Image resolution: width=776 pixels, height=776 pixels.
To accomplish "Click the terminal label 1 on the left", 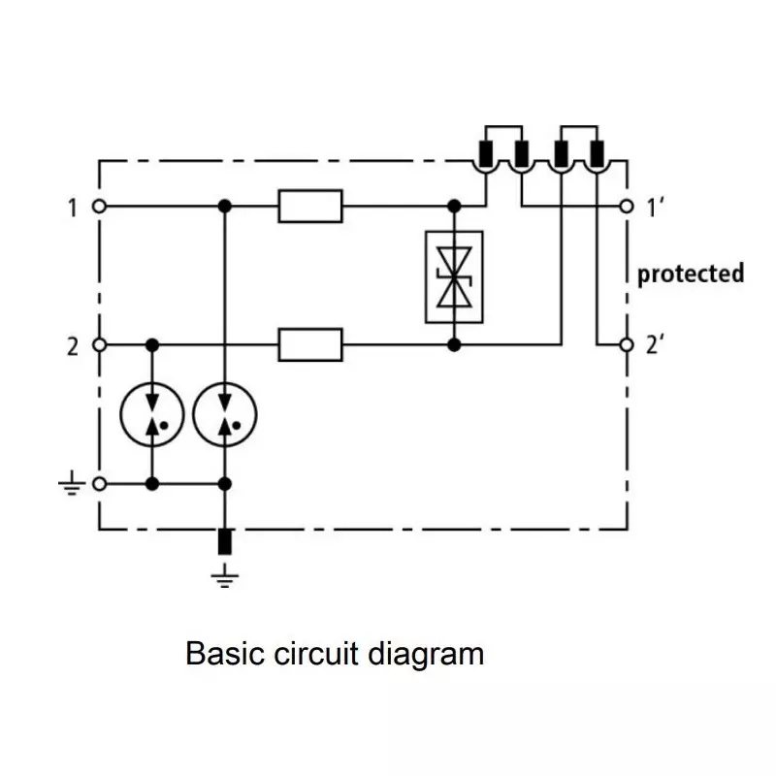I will tap(72, 207).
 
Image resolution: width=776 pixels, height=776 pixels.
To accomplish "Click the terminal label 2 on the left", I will tap(72, 345).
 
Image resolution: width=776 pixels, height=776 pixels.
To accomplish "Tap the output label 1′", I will tap(653, 207).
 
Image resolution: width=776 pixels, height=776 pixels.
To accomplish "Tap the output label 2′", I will tap(653, 345).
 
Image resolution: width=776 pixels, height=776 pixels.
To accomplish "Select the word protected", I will tap(690, 274).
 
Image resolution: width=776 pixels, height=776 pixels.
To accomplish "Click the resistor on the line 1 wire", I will tap(310, 207).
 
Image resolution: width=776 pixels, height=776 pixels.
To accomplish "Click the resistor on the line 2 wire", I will tap(310, 344).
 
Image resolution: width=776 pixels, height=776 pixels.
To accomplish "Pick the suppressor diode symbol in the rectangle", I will tap(453, 276).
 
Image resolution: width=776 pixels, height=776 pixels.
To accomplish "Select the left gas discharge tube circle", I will tap(151, 415).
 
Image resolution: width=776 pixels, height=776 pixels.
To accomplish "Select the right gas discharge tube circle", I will tap(225, 415).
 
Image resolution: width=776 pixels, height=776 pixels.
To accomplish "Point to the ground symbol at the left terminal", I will tap(72, 482).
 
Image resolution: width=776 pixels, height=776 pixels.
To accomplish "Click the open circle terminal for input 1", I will tap(98, 207).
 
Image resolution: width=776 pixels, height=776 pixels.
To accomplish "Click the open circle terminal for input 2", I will tap(98, 344).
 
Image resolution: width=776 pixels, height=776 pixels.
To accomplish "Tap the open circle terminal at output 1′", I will tap(627, 207).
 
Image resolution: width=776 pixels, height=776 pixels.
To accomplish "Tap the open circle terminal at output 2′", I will tap(627, 344).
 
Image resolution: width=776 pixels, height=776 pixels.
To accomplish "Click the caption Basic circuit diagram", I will tap(334, 653).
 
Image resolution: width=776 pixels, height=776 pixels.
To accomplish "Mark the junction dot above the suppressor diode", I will tap(453, 207).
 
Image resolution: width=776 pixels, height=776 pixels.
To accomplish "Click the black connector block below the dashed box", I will tap(225, 542).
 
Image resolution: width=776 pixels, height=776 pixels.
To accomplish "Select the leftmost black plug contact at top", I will tap(484, 152).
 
